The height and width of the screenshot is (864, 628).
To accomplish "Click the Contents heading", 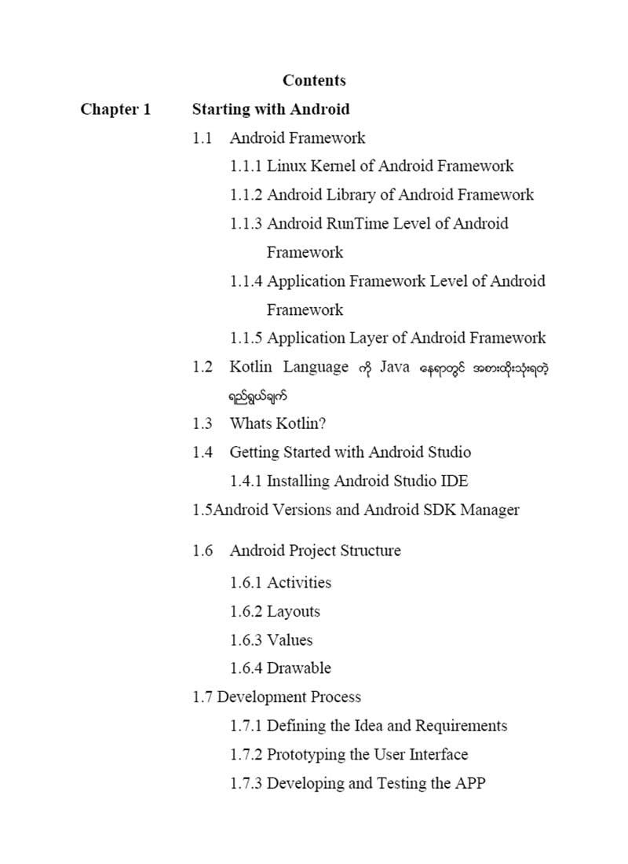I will coord(314,80).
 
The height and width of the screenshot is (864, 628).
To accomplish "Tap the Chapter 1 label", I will coord(115,109).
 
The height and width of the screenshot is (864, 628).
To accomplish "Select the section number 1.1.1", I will coord(246,166).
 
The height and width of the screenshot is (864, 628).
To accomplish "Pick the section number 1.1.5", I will coord(246,339).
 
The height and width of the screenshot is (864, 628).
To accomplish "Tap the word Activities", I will coord(299,583).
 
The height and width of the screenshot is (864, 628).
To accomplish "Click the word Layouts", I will coord(294,611).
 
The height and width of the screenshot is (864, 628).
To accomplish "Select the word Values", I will coord(290,640).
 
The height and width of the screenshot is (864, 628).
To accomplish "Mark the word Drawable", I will coord(299,668).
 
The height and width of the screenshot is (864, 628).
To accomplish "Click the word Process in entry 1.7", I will coord(336,697).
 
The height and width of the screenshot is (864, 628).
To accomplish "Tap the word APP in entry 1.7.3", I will coord(470,783).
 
